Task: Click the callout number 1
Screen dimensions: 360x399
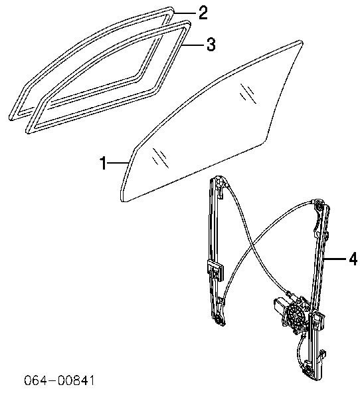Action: pos(103,163)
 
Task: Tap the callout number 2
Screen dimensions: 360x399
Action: pos(203,13)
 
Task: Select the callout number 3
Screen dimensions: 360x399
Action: pos(211,45)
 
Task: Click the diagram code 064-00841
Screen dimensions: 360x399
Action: pos(59,380)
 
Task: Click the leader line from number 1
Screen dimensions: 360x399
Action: pos(117,163)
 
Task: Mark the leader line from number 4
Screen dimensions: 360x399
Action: pos(335,259)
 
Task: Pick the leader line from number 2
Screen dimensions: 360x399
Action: pos(185,13)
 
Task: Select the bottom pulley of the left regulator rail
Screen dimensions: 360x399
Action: pos(219,320)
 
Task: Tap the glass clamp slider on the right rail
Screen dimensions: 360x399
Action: pos(317,321)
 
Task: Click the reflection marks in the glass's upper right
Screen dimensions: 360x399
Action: pos(248,93)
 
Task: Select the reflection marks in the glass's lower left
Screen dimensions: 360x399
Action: pos(160,158)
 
